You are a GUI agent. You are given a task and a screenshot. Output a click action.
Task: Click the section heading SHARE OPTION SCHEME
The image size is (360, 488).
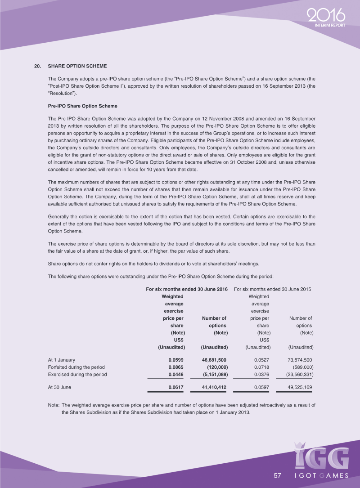point(77,66)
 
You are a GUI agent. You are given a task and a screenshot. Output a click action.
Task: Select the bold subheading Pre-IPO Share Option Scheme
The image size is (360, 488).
point(82,106)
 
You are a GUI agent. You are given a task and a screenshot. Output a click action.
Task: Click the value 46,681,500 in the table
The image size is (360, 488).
point(214,360)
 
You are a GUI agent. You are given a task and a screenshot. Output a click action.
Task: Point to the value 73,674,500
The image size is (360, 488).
point(299,360)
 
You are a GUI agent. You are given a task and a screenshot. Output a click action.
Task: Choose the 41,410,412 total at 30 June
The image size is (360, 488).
point(214,387)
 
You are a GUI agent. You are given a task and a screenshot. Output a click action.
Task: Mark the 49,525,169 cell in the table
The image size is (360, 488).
point(299,387)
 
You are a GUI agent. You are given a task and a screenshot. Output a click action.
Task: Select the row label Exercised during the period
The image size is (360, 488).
point(77,374)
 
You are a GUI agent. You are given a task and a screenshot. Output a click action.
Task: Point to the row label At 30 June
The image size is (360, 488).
point(59,387)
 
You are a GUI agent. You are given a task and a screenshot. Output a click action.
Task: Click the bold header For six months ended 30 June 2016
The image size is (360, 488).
point(187,289)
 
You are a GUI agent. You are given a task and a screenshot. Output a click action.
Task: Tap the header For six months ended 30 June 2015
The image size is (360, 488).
point(273,289)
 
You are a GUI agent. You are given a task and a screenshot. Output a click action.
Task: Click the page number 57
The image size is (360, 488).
point(277,475)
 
